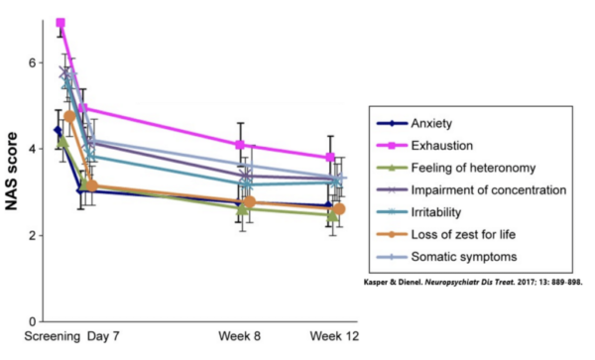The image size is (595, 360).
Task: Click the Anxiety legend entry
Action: [x=431, y=123]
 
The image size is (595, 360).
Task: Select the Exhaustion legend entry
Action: [x=441, y=146]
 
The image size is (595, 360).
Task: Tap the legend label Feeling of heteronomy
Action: [x=473, y=168]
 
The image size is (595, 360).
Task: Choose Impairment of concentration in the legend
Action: [x=489, y=189]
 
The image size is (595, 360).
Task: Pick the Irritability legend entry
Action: [x=436, y=212]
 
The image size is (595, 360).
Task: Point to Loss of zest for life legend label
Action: [x=463, y=234]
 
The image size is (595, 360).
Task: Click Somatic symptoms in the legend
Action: [x=464, y=257]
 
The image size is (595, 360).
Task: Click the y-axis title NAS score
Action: [x=12, y=172]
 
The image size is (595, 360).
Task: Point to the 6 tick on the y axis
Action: [x=33, y=62]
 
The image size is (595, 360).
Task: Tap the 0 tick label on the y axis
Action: [x=33, y=321]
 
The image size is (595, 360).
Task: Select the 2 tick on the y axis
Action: [x=33, y=235]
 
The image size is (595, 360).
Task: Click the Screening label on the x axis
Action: [x=52, y=336]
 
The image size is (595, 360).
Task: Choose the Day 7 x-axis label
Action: [x=103, y=336]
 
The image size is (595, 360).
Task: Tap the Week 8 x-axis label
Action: [x=239, y=336]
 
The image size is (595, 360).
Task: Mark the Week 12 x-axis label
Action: [x=334, y=336]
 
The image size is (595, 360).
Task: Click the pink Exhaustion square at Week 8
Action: [x=240, y=145]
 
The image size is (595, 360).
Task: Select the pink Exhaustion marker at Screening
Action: [x=60, y=23]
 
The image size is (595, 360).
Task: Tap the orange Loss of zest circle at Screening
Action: [x=69, y=116]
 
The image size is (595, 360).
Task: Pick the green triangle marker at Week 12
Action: [x=332, y=215]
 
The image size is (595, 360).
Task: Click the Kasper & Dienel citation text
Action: [x=473, y=283]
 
